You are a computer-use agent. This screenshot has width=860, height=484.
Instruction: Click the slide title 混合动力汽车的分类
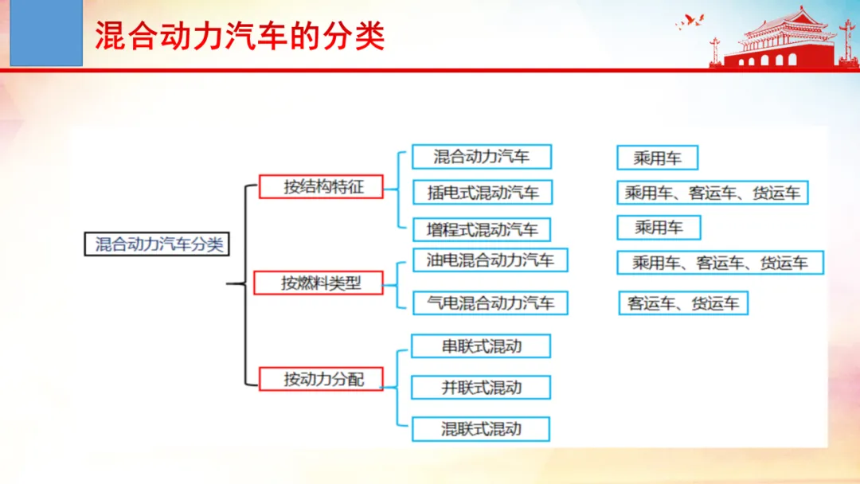[240, 36]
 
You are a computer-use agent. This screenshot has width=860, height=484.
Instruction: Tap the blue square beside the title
[46, 33]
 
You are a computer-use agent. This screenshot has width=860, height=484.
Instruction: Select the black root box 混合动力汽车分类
[157, 244]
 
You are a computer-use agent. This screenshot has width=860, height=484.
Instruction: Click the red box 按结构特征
[321, 187]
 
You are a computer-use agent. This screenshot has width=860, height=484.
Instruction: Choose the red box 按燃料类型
[318, 283]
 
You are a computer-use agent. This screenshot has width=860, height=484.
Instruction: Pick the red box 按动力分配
[321, 379]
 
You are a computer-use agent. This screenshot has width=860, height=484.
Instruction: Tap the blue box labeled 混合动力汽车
[482, 157]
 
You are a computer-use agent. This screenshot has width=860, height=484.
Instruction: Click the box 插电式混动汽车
[482, 193]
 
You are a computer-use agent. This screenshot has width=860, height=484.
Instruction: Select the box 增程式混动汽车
[482, 230]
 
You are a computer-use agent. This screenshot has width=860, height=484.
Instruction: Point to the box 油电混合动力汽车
[490, 260]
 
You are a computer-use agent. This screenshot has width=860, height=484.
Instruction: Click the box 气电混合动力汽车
[490, 303]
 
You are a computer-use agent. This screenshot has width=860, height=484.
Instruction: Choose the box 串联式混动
[481, 346]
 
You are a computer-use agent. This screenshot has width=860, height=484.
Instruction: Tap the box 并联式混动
[481, 388]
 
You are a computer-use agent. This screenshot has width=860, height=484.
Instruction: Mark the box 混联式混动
[481, 429]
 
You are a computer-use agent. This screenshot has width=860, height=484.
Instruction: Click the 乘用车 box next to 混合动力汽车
[657, 158]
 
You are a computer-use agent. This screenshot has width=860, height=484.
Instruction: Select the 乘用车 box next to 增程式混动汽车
[659, 228]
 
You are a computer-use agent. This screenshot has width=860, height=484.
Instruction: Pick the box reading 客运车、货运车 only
[683, 303]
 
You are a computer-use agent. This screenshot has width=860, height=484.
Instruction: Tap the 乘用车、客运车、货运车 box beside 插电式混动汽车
[713, 193]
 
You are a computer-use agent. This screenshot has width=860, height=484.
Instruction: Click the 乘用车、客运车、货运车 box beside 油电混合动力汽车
[720, 263]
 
